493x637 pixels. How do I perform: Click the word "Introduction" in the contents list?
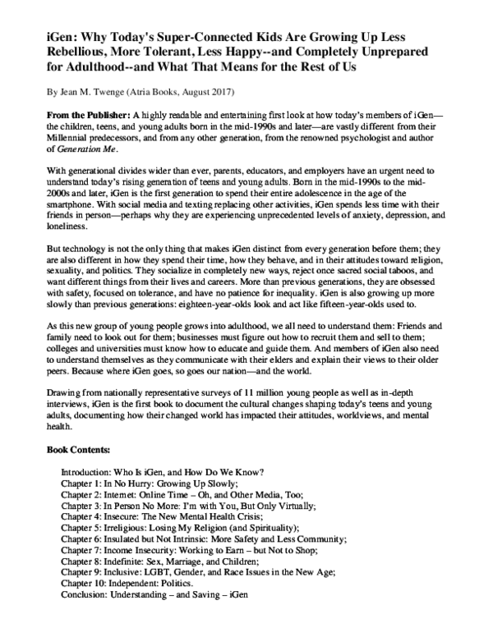coord(86,474)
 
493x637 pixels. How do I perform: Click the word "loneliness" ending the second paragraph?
coord(67,225)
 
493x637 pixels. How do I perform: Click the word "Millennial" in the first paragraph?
coord(69,138)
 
